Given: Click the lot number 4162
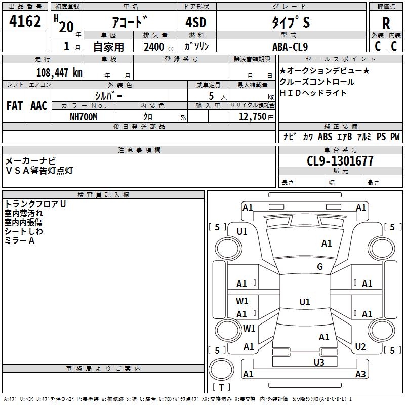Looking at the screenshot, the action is (25, 21).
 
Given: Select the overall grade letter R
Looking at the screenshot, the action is (386, 23).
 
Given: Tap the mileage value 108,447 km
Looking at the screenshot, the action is (59, 73).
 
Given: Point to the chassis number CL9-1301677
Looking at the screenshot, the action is (340, 161).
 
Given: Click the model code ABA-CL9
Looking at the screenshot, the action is (290, 47).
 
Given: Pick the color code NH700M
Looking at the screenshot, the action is (84, 117).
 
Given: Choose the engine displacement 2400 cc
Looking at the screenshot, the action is (159, 47).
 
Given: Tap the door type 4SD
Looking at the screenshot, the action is (196, 22).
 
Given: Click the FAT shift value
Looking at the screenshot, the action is (15, 106).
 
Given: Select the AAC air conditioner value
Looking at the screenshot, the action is (39, 106).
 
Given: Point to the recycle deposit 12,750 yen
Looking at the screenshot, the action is (256, 117).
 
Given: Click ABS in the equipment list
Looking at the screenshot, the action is (325, 137).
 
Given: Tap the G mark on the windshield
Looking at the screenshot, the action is (320, 267).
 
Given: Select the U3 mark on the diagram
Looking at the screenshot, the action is (319, 362).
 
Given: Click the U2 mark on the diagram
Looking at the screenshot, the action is (360, 347).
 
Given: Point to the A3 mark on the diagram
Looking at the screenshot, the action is (360, 374).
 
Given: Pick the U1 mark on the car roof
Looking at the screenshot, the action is (305, 302).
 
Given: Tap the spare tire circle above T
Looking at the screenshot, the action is (221, 370).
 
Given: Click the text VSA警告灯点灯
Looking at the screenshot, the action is (39, 171).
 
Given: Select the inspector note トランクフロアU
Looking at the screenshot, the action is (35, 204).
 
